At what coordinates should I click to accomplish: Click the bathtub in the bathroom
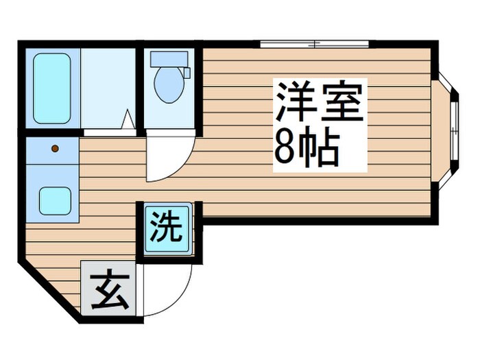coord(52,88)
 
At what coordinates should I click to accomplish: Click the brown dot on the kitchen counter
coord(54,147)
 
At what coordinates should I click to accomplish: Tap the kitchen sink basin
coord(55,201)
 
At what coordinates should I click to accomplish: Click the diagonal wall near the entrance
coord(51,291)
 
